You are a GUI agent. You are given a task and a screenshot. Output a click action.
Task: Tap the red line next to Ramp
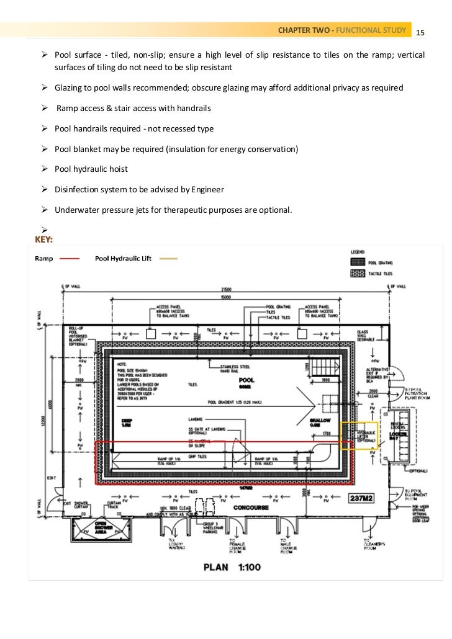[71, 258]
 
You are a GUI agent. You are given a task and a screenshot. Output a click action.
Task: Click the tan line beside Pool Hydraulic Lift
[168, 258]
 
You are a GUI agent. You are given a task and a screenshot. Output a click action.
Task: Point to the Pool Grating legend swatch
[358, 262]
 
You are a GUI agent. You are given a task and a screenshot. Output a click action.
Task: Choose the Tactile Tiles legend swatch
[358, 273]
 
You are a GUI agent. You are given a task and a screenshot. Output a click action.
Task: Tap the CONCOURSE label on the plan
[250, 507]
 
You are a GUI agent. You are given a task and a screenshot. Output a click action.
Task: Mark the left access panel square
[150, 334]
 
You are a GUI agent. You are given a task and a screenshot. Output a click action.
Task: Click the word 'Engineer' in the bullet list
[204, 190]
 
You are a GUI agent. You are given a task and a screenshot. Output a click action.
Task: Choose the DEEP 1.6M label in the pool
[126, 423]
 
